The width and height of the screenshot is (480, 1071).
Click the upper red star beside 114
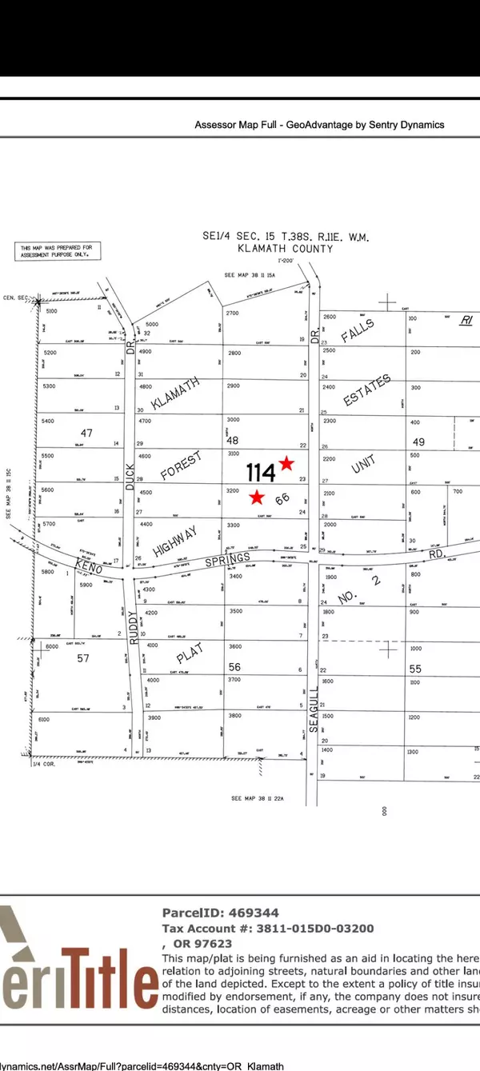tap(286, 464)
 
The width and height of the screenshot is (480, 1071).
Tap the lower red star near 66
tap(256, 498)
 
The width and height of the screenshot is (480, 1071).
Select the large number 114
tap(261, 472)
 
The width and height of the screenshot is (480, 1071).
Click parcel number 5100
tap(53, 310)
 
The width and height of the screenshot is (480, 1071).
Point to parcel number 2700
tap(234, 313)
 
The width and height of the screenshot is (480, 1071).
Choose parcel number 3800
tap(234, 716)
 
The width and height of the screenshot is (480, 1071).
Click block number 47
tap(86, 433)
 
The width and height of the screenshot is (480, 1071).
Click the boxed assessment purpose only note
tap(56, 251)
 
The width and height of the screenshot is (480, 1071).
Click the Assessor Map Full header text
tap(319, 125)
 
